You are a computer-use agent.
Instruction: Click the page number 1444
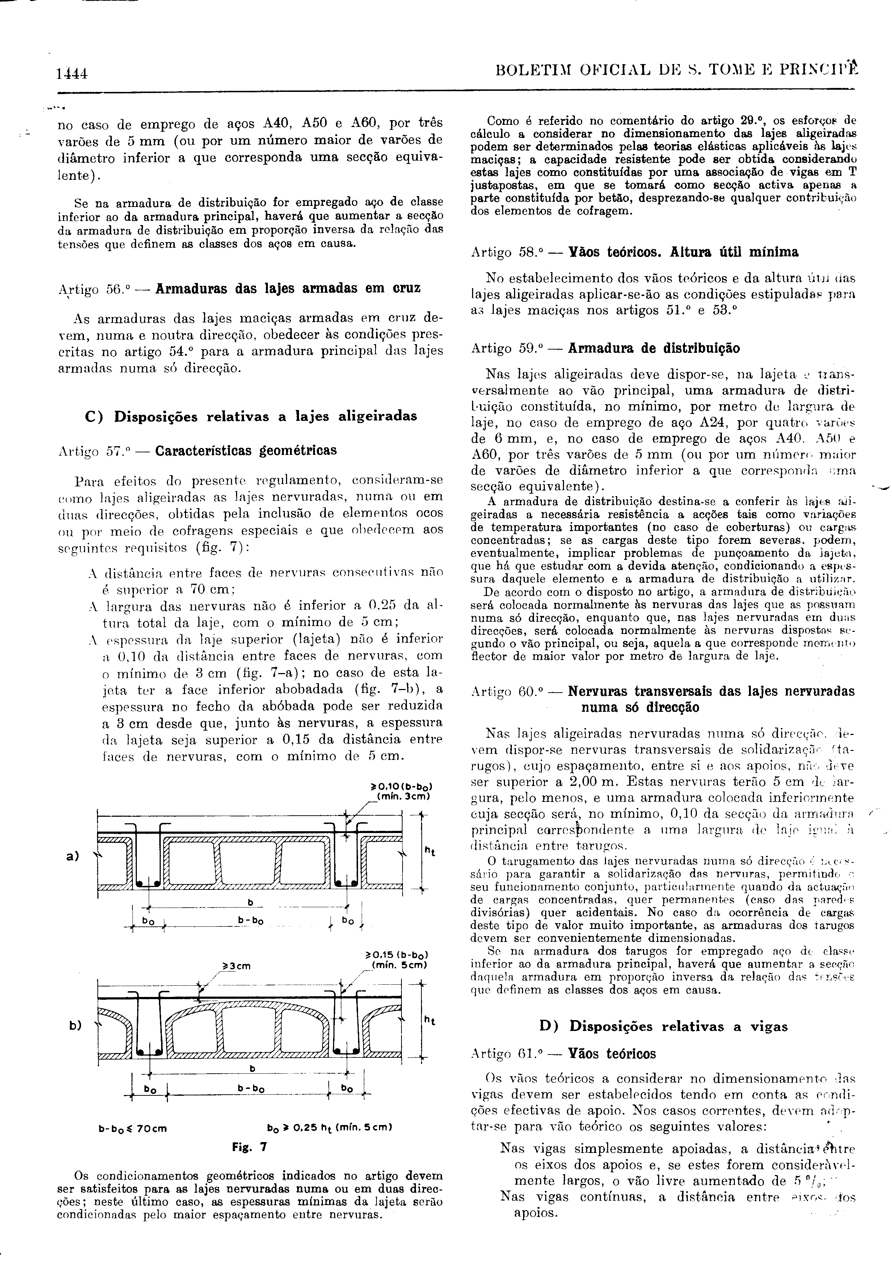(73, 73)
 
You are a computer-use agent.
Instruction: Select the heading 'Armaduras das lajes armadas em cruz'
(288, 289)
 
